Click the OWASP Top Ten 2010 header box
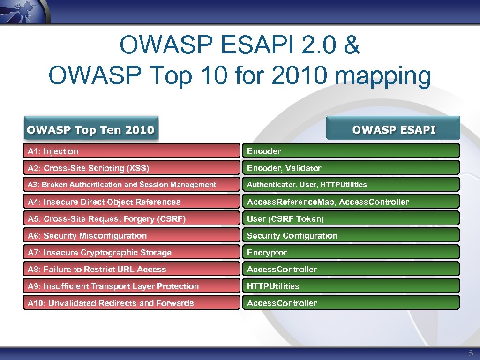pyautogui.click(x=91, y=129)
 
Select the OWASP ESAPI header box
pyautogui.click(x=393, y=129)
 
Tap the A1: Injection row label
pyautogui.click(x=131, y=151)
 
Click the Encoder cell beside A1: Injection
pyautogui.click(x=350, y=151)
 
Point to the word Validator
pyautogui.click(x=303, y=168)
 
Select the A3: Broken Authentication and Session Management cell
pyautogui.click(x=131, y=185)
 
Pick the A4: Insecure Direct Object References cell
pyautogui.click(x=131, y=202)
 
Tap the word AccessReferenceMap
pyautogui.click(x=291, y=202)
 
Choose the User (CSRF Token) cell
pyautogui.click(x=350, y=218)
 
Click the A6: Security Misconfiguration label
pyautogui.click(x=87, y=235)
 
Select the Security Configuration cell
pyautogui.click(x=350, y=235)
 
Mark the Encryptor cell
pyautogui.click(x=350, y=252)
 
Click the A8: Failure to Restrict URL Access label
pyautogui.click(x=97, y=269)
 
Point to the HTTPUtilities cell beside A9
pyautogui.click(x=350, y=286)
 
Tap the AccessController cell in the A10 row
pyautogui.click(x=350, y=303)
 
